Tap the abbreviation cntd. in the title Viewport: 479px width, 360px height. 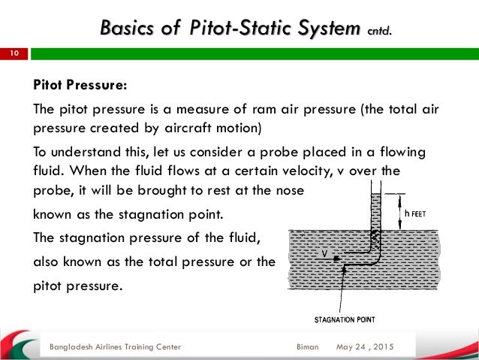pos(378,31)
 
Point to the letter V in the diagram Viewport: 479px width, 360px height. pos(324,254)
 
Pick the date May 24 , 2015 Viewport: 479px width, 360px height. pos(363,347)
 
